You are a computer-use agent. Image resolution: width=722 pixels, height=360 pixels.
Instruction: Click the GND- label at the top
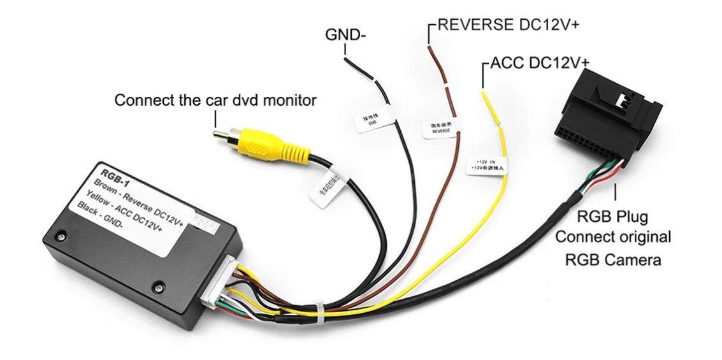345,34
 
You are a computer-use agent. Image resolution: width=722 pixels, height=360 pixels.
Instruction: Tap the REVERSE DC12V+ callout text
507,25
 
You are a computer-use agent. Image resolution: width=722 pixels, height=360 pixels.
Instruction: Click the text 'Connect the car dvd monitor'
215,100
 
